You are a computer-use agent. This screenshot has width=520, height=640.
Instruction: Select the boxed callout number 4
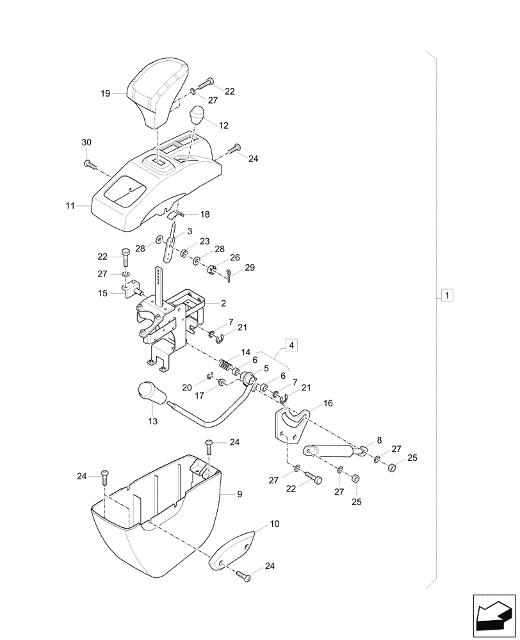tap(291, 345)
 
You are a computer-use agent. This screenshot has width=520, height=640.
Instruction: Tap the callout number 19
tap(106, 94)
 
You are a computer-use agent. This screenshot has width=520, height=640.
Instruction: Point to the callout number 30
tap(87, 141)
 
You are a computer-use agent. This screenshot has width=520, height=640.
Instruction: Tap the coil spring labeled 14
tap(225, 364)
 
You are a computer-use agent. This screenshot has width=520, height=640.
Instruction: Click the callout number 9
tap(240, 494)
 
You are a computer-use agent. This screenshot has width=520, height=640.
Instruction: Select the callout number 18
tap(205, 214)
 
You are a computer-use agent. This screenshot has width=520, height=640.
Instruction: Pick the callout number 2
tap(224, 303)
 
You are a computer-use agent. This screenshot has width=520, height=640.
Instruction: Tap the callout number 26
tap(235, 257)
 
